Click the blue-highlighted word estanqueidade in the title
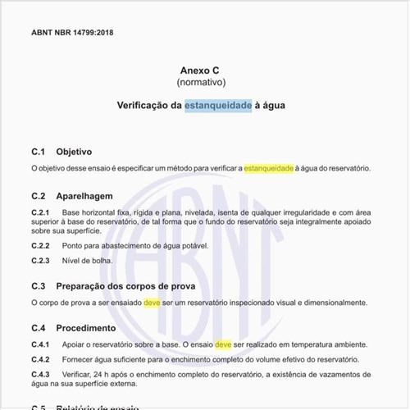218,106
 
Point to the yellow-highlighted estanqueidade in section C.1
268,168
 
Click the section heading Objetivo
74,152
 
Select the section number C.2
38,196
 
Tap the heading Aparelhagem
84,196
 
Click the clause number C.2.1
41,212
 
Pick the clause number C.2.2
41,245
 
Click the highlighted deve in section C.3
153,303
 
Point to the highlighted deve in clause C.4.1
224,344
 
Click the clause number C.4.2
41,360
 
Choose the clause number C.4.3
41,375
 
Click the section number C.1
38,152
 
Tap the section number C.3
38,286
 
